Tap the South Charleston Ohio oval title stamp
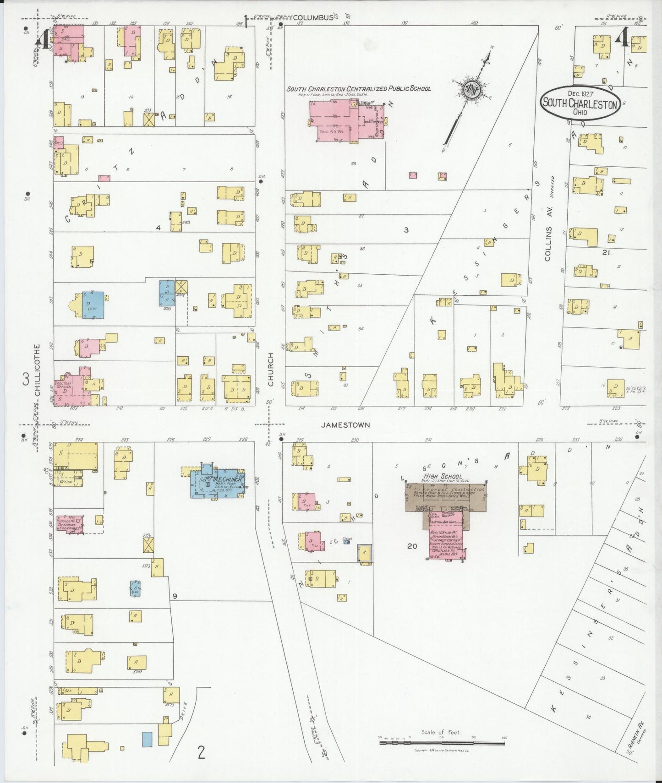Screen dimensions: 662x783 (580, 103)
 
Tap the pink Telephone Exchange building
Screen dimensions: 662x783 (70, 523)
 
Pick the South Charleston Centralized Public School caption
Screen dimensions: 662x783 (359, 89)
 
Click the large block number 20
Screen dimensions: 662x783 (412, 546)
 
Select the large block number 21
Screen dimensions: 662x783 (607, 252)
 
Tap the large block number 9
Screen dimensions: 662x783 (175, 596)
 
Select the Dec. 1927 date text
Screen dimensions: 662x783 (580, 93)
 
